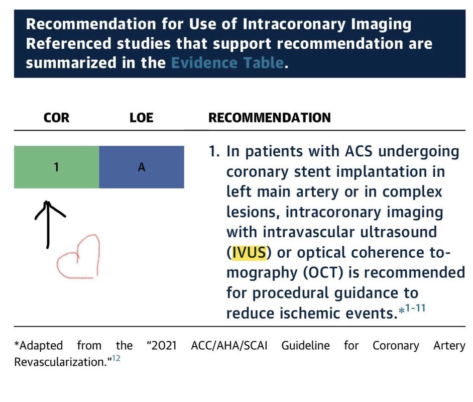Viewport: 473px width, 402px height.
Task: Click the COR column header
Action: [56, 118]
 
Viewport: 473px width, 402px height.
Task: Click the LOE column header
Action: [141, 118]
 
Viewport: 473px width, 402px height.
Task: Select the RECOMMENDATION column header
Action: [269, 118]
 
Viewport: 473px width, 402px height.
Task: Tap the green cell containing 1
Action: [56, 167]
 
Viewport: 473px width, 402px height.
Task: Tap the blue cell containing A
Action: [142, 167]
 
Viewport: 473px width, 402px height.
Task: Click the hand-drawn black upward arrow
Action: [48, 224]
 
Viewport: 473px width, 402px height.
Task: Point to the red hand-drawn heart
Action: [79, 259]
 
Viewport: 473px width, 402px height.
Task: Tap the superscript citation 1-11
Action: [415, 308]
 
